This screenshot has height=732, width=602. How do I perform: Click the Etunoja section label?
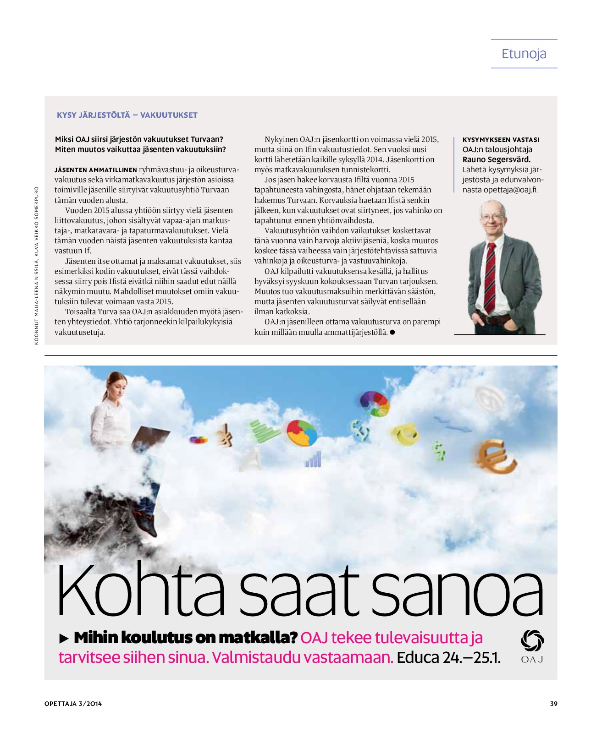pyautogui.click(x=524, y=54)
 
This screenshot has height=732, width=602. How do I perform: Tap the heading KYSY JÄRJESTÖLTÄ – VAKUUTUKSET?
pyautogui.click(x=127, y=115)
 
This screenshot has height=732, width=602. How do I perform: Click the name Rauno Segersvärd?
pyautogui.click(x=496, y=159)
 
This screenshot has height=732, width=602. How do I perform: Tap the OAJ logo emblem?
pyautogui.click(x=532, y=640)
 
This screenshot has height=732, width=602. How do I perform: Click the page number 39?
pyautogui.click(x=553, y=704)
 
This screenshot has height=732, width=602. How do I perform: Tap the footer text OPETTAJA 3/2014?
pyautogui.click(x=73, y=704)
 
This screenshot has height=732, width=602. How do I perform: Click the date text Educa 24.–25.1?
pyautogui.click(x=448, y=657)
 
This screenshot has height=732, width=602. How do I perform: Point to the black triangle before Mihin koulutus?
pyautogui.click(x=64, y=638)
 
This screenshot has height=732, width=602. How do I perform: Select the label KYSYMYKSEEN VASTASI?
pyautogui.click(x=501, y=140)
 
